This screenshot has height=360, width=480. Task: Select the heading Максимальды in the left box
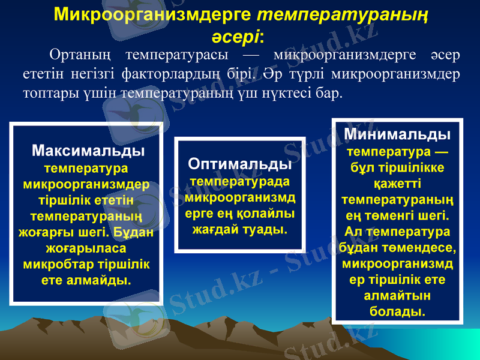[x=88, y=149]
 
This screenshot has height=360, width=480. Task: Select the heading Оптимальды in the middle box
[x=240, y=164]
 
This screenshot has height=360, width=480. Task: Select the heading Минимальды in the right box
[x=397, y=133]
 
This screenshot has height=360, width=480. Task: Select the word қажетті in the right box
[x=397, y=182]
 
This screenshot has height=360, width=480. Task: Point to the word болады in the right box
[x=397, y=311]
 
